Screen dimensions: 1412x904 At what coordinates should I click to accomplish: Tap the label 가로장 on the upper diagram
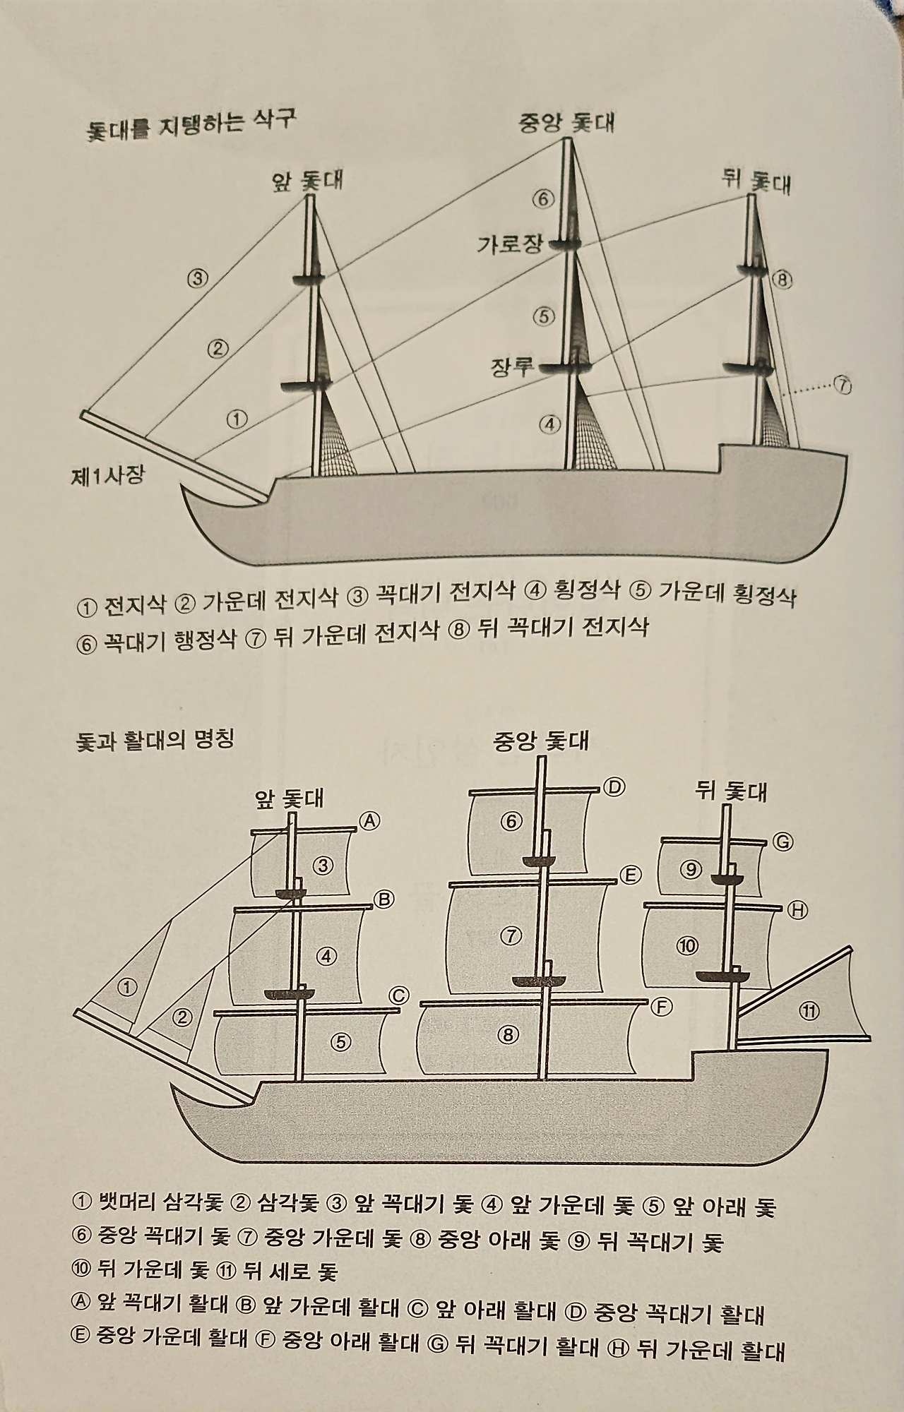(x=510, y=245)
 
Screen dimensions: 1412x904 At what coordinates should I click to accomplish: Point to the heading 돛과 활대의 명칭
(x=155, y=742)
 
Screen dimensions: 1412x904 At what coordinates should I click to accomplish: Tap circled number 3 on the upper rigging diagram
(x=198, y=278)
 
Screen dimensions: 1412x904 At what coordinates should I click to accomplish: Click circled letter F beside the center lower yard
(x=661, y=1007)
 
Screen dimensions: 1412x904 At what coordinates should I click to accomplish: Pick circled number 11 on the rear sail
(x=809, y=1012)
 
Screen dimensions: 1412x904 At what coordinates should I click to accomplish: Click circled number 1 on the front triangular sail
(x=127, y=987)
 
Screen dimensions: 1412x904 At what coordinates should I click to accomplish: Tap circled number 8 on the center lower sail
(x=508, y=1035)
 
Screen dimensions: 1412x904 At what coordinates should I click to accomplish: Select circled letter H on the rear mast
(x=797, y=911)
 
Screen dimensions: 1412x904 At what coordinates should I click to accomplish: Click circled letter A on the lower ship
(x=369, y=820)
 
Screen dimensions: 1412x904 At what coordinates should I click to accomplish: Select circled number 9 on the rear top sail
(x=691, y=869)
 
